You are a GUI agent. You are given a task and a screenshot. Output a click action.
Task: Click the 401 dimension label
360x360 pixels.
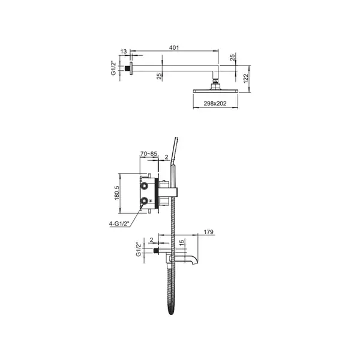pyautogui.click(x=174, y=47)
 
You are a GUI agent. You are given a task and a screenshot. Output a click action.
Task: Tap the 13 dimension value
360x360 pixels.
pyautogui.click(x=124, y=52)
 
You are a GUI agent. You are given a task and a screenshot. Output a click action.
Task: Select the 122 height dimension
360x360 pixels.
pyautogui.click(x=245, y=79)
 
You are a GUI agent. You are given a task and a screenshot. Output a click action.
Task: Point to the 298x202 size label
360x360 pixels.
pyautogui.click(x=215, y=104)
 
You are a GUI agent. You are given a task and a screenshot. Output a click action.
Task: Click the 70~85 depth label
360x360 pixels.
pyautogui.click(x=149, y=154)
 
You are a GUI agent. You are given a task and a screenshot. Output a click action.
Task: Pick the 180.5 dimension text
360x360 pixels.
pyautogui.click(x=117, y=193)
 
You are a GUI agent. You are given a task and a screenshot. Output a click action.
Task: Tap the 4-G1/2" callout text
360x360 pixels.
pyautogui.click(x=119, y=224)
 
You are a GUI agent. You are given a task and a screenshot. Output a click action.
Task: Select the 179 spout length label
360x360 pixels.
pyautogui.click(x=208, y=232)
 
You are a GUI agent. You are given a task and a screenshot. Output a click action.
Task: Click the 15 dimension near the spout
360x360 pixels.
pyautogui.click(x=181, y=243)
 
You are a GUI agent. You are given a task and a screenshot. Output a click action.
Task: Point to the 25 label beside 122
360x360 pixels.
pyautogui.click(x=232, y=57)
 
